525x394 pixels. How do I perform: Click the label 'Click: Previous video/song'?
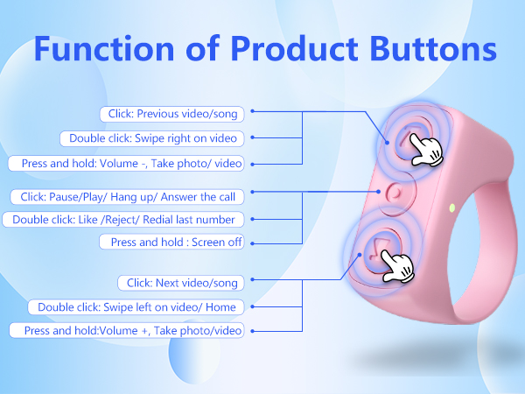coord(174,113)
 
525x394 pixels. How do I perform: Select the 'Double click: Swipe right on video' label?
coord(154,138)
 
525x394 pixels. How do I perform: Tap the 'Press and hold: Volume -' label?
coord(126,164)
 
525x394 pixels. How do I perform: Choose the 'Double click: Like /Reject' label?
coord(123,219)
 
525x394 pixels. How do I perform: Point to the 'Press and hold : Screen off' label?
coord(171,242)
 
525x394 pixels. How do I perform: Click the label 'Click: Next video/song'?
coord(180,282)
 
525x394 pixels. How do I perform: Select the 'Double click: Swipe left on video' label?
coord(141,306)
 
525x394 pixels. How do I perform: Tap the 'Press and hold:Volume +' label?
coord(126,330)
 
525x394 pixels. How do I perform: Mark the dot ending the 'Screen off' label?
coord(251,242)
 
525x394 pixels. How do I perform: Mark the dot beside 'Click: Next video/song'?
coord(251,282)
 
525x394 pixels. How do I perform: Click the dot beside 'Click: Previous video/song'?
coord(252,112)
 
